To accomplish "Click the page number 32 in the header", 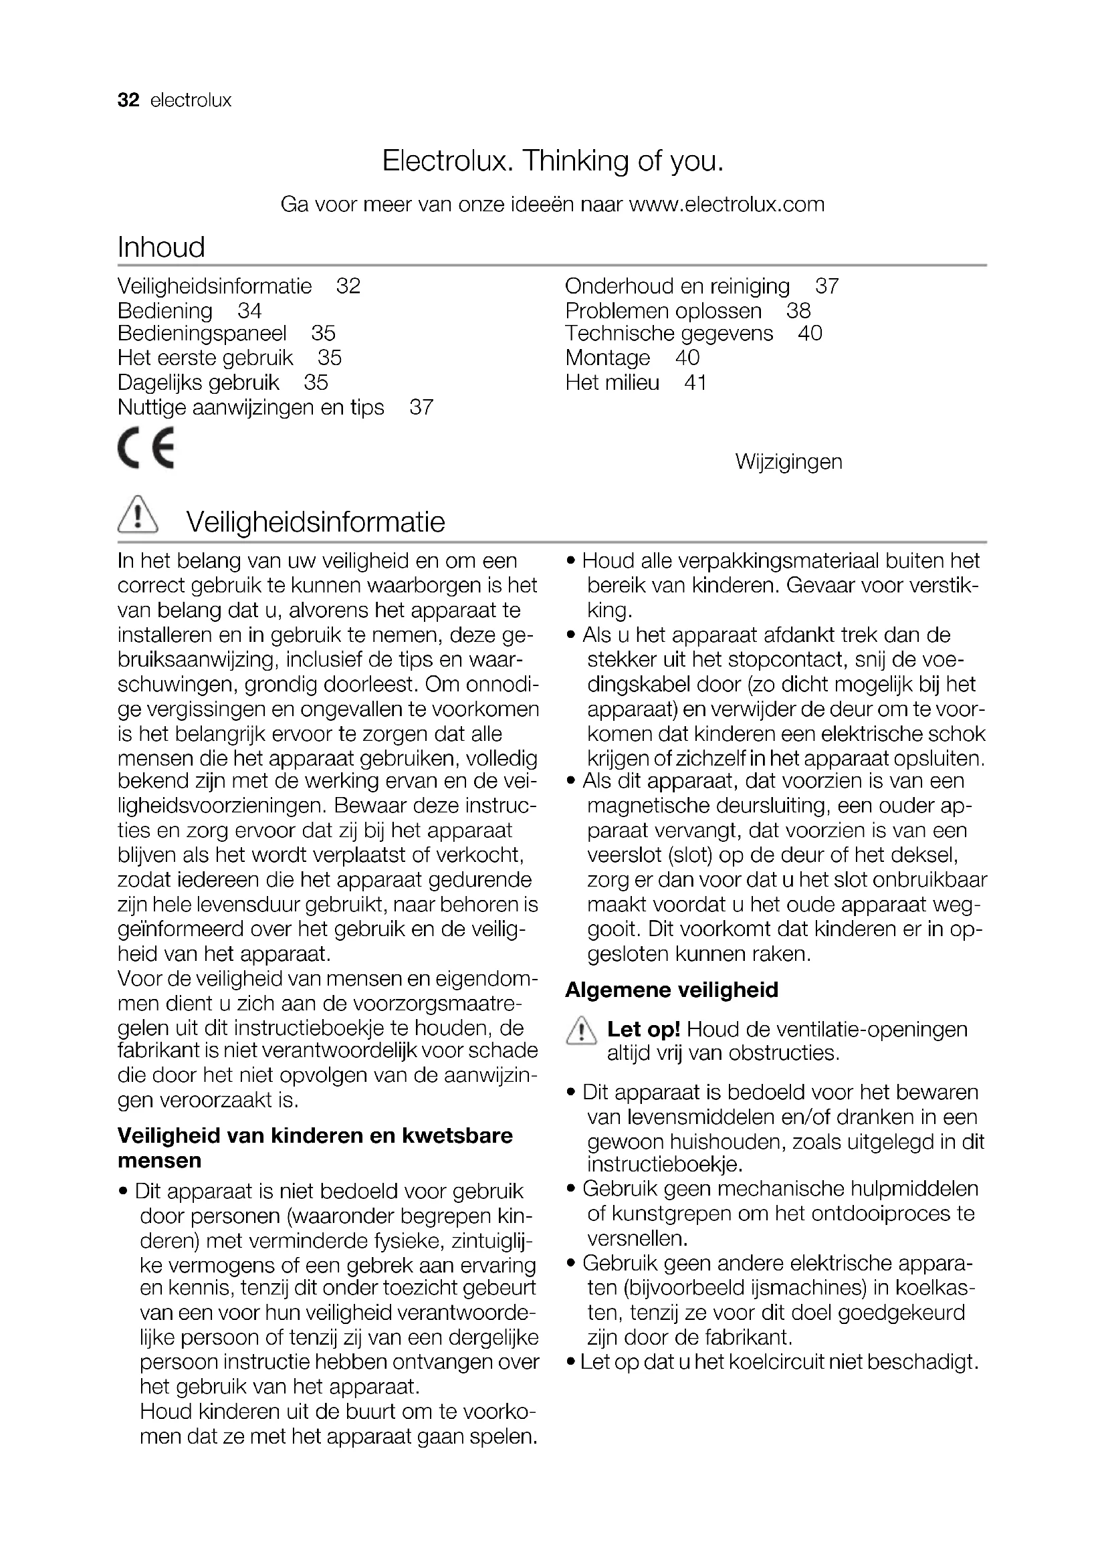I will click(128, 101).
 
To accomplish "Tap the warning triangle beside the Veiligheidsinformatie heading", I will click(138, 514).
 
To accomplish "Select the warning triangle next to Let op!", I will click(580, 1030).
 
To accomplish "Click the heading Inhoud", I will click(161, 247).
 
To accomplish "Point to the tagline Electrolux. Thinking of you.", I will click(552, 161).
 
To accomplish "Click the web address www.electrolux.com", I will click(726, 205).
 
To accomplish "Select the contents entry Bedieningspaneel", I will click(202, 333).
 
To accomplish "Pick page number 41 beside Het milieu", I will click(695, 383).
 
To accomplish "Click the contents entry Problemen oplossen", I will click(663, 311).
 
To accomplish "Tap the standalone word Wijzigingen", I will click(788, 462).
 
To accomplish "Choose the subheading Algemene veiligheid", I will click(671, 990).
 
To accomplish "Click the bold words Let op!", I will click(643, 1028).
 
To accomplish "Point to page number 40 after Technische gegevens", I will click(810, 333).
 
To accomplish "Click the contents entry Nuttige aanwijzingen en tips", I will click(251, 407).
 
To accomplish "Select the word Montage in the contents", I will click(607, 358).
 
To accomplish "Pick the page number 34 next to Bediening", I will click(249, 311).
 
